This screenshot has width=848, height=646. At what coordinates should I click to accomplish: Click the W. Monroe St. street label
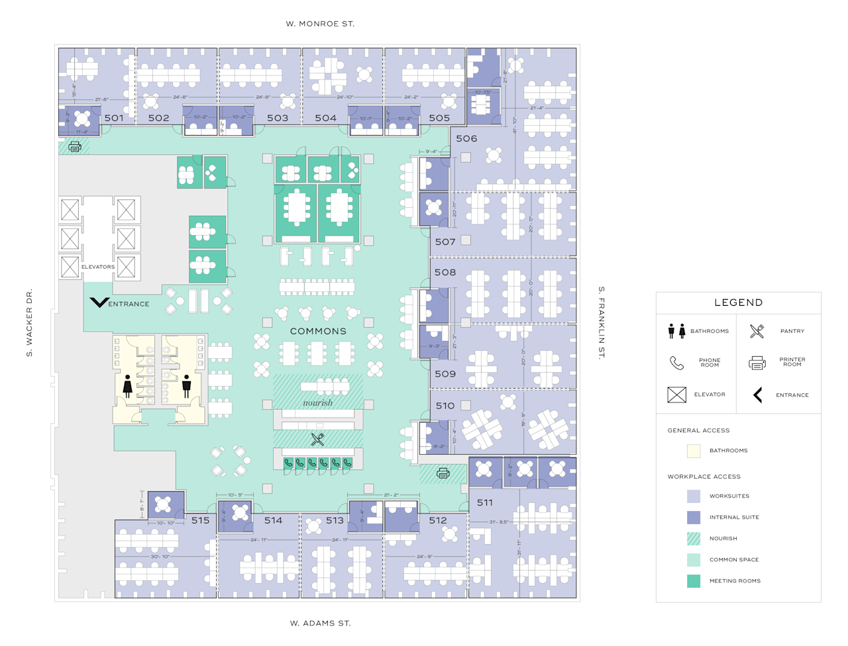(x=320, y=24)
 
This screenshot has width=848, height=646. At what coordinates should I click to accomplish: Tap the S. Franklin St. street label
(x=602, y=323)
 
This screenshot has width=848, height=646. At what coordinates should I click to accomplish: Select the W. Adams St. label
(x=320, y=623)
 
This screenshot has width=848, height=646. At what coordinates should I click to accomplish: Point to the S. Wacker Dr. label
(x=29, y=323)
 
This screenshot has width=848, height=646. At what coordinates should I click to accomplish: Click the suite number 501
(x=114, y=118)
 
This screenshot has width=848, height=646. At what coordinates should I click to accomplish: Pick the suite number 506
(x=466, y=138)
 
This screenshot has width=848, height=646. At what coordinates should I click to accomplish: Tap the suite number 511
(x=485, y=502)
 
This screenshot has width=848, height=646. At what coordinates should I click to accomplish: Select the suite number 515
(x=201, y=520)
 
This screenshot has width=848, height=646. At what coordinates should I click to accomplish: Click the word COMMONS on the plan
(x=318, y=331)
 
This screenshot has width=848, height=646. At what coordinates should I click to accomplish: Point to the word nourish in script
(x=318, y=402)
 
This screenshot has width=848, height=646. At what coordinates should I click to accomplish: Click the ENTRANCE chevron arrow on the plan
(x=99, y=302)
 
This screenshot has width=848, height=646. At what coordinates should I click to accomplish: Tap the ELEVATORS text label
(x=98, y=267)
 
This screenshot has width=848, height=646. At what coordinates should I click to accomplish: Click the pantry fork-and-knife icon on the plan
(x=318, y=439)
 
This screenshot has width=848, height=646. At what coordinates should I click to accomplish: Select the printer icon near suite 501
(x=75, y=146)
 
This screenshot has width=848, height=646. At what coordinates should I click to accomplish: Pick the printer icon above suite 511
(x=443, y=473)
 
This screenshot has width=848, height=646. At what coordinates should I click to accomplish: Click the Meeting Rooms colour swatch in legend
(x=694, y=581)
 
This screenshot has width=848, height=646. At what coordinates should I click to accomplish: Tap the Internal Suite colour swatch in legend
(x=694, y=518)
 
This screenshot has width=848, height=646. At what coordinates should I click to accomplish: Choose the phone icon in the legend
(x=676, y=363)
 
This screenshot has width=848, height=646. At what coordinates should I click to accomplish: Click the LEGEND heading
(x=738, y=302)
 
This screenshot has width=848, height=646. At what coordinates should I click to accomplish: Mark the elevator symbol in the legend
(x=676, y=394)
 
